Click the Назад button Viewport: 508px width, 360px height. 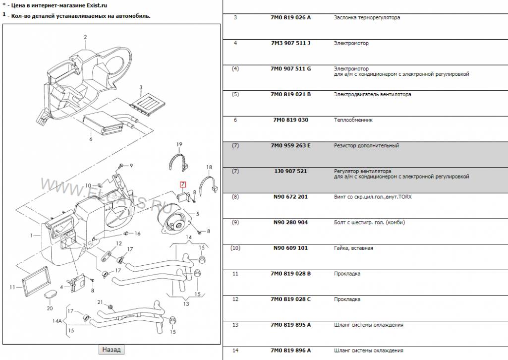coord(111,350)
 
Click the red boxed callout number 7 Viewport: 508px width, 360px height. coord(182,184)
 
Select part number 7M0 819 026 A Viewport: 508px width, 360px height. coord(290,18)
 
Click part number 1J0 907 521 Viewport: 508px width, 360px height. coord(290,171)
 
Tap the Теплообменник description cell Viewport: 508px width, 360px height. coord(353,120)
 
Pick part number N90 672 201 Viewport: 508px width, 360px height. coord(290,197)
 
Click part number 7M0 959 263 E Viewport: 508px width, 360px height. coord(290,146)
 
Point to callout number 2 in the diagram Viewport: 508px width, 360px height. coord(85,37)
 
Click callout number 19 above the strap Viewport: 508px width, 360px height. coord(180,144)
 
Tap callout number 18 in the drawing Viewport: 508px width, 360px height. coord(209,167)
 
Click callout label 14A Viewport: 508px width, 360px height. coord(57,321)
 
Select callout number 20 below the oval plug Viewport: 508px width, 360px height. coord(50,308)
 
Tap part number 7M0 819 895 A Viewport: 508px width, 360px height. coord(290,325)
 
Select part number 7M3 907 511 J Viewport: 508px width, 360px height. coord(290,43)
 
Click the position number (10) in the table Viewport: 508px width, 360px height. coord(235,248)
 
